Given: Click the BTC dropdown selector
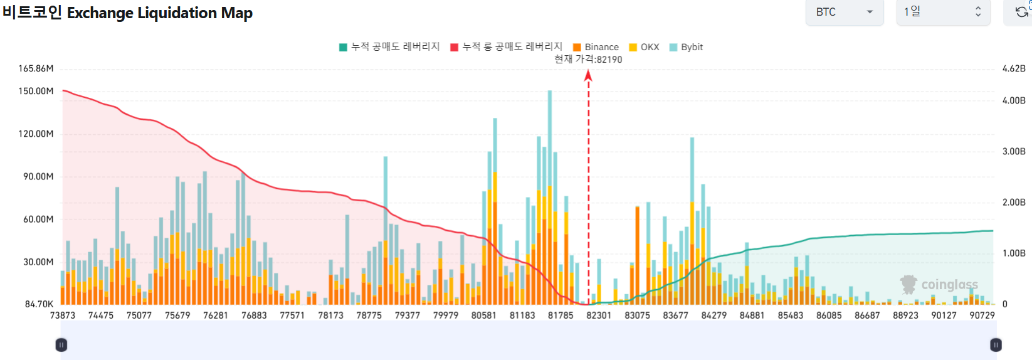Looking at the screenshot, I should coord(844,12).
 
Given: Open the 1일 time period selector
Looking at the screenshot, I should coord(942,12).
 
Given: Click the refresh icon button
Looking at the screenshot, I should coord(1021,12).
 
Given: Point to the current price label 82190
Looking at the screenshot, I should coord(588,60).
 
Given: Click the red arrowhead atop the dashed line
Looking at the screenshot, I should coord(588,76).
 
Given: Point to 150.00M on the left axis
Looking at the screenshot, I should coord(36,91).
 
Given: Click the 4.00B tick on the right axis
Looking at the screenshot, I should coord(1014,100).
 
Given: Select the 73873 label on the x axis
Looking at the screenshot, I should coord(63,315).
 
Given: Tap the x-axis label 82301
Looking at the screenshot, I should coord(599,315).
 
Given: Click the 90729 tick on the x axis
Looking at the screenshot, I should coord(982,315).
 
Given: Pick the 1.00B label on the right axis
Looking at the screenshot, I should coord(1014,253).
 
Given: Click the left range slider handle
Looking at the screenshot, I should coord(61,345).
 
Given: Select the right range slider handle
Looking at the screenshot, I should coord(996,345).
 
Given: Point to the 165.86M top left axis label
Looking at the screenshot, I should coord(36,68).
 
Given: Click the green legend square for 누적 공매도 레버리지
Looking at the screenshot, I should coord(343,47).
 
